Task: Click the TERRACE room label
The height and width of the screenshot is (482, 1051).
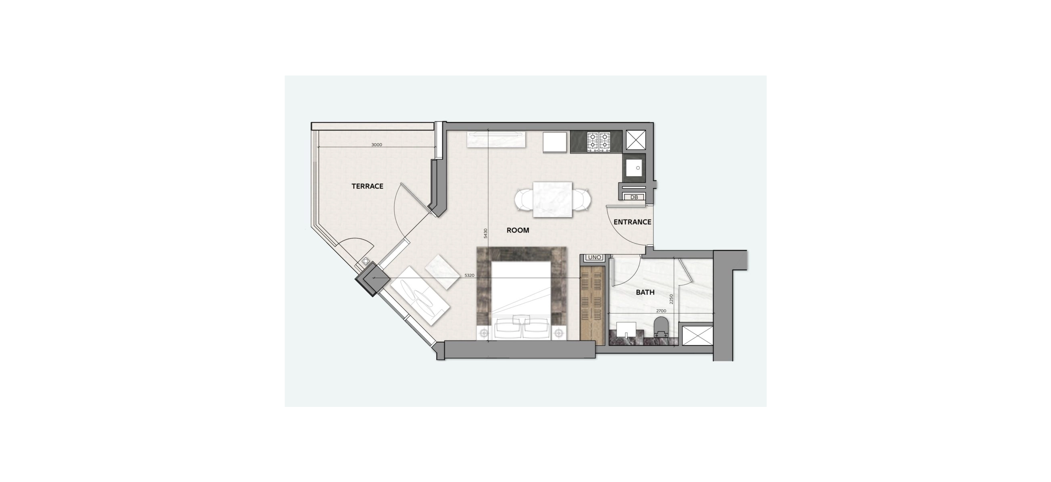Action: (367, 186)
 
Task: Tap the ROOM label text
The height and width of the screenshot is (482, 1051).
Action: (518, 230)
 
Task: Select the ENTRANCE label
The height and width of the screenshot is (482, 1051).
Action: (633, 222)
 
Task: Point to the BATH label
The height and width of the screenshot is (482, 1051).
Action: (645, 292)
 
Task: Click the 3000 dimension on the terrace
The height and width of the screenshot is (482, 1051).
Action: (377, 145)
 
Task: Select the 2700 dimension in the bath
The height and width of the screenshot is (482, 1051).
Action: (661, 310)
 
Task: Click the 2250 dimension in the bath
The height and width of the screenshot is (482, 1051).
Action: (671, 300)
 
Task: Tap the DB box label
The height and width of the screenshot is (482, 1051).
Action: (634, 197)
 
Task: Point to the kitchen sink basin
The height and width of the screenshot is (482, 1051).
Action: (634, 169)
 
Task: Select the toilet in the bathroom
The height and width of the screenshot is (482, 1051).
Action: (661, 328)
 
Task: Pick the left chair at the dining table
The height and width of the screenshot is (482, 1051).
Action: (523, 200)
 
